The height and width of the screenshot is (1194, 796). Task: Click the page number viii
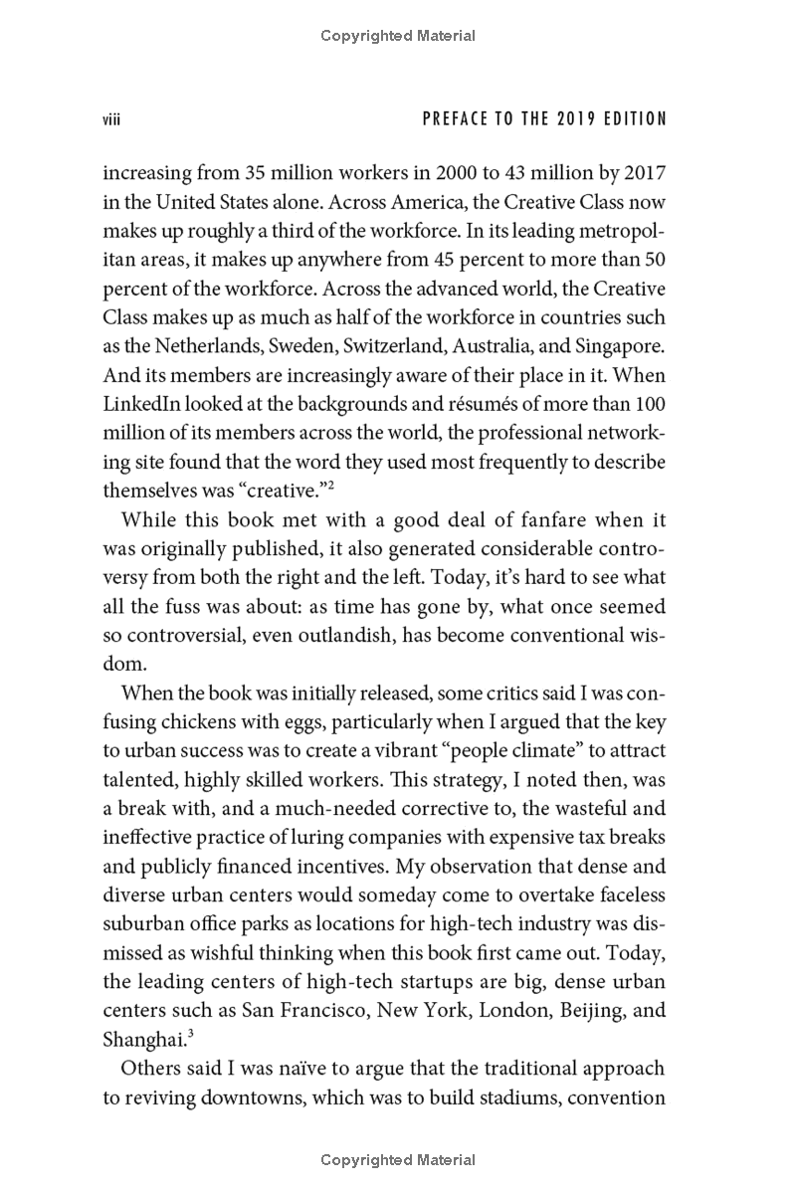coord(111,119)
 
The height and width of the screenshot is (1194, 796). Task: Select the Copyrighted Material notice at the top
coord(398,36)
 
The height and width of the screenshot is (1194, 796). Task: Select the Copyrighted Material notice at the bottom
coord(398,1160)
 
